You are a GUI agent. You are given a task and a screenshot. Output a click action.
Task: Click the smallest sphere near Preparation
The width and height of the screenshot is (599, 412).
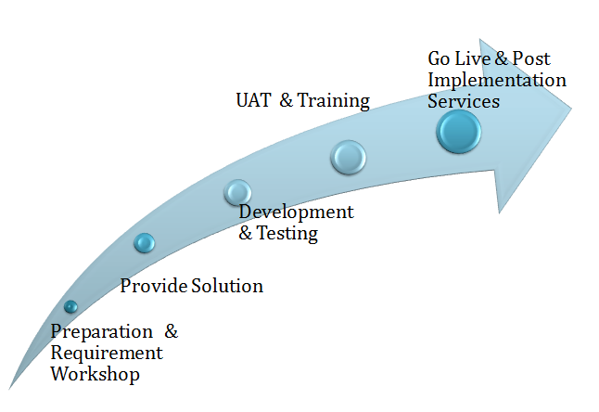(x=70, y=306)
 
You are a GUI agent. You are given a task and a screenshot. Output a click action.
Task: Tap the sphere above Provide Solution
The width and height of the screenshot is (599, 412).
(x=145, y=243)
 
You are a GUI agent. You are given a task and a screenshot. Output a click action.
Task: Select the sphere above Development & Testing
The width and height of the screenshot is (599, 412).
(x=237, y=192)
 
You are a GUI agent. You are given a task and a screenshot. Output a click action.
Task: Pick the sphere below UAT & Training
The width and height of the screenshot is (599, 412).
(x=349, y=157)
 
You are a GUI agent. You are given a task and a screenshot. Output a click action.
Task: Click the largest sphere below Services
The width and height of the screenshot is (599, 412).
(x=458, y=132)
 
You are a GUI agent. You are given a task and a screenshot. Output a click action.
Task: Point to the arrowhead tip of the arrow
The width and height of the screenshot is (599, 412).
(x=571, y=109)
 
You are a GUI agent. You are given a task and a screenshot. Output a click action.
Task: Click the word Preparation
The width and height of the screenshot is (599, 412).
(x=102, y=332)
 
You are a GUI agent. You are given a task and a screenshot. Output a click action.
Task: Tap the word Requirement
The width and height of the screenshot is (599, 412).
(x=107, y=354)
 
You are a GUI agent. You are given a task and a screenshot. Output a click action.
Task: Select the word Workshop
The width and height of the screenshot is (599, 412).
(x=96, y=374)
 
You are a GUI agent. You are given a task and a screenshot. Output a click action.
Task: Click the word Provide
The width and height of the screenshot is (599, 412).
(x=154, y=286)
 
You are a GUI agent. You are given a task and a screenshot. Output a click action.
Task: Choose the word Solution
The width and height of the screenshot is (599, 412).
(x=227, y=286)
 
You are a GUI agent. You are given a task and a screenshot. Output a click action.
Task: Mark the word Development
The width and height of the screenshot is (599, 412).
(x=297, y=212)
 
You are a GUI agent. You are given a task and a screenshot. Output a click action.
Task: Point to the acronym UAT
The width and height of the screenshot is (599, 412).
(x=254, y=100)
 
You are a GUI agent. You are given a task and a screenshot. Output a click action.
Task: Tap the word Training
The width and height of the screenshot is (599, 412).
(x=334, y=101)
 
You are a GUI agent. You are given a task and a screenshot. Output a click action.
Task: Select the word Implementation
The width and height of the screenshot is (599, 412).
(x=497, y=81)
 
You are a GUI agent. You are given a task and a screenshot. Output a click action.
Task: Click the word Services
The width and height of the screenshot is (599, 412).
(x=464, y=101)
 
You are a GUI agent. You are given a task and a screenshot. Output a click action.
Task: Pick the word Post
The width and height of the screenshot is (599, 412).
(x=531, y=58)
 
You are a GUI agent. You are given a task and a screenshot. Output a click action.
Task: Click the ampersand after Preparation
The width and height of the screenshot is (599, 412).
(x=172, y=331)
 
